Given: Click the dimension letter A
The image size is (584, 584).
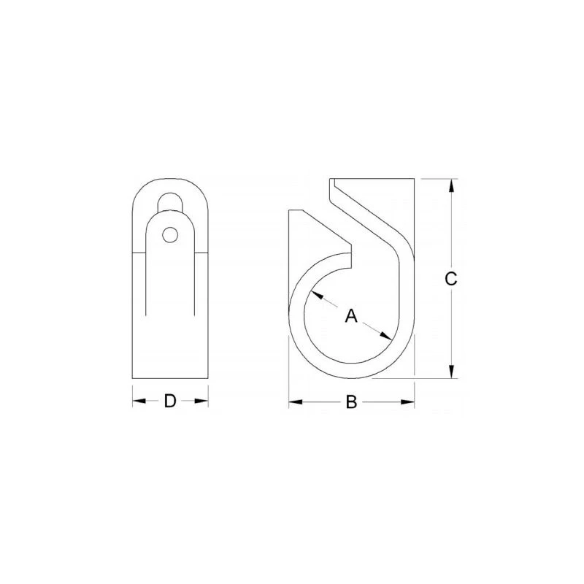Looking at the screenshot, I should [351, 315].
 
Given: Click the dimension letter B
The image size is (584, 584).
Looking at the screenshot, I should [351, 402].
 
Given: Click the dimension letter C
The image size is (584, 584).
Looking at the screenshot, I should [451, 278].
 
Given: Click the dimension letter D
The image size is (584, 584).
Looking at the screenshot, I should [170, 401].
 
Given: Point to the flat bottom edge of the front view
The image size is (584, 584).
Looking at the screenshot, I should [170, 378].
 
